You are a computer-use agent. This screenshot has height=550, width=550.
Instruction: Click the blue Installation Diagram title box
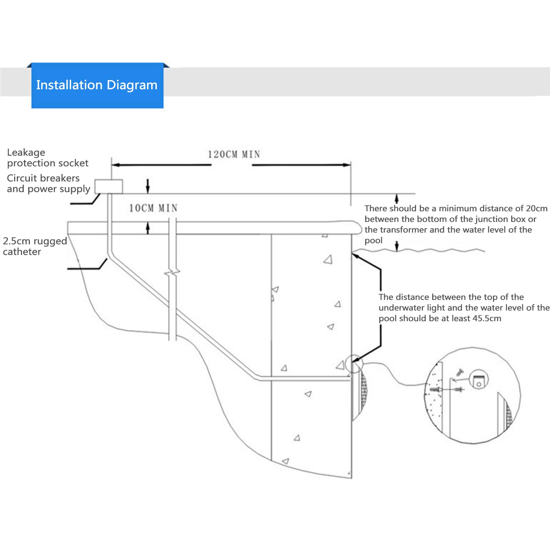click(98, 86)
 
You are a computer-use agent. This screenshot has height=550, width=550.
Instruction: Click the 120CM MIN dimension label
click(234, 155)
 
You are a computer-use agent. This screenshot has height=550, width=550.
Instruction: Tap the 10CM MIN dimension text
click(153, 208)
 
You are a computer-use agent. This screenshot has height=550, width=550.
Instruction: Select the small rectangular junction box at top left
click(109, 187)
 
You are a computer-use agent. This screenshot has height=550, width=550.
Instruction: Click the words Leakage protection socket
click(48, 158)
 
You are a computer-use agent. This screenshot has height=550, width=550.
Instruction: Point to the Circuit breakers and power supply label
click(48, 183)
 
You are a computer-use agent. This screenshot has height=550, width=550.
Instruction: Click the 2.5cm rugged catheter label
click(35, 246)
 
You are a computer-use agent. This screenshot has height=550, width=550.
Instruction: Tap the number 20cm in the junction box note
click(537, 208)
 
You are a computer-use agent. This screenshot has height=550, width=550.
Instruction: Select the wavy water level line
click(420, 250)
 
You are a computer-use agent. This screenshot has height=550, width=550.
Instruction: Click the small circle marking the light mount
click(353, 364)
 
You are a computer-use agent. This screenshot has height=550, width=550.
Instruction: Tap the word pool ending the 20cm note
click(373, 241)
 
